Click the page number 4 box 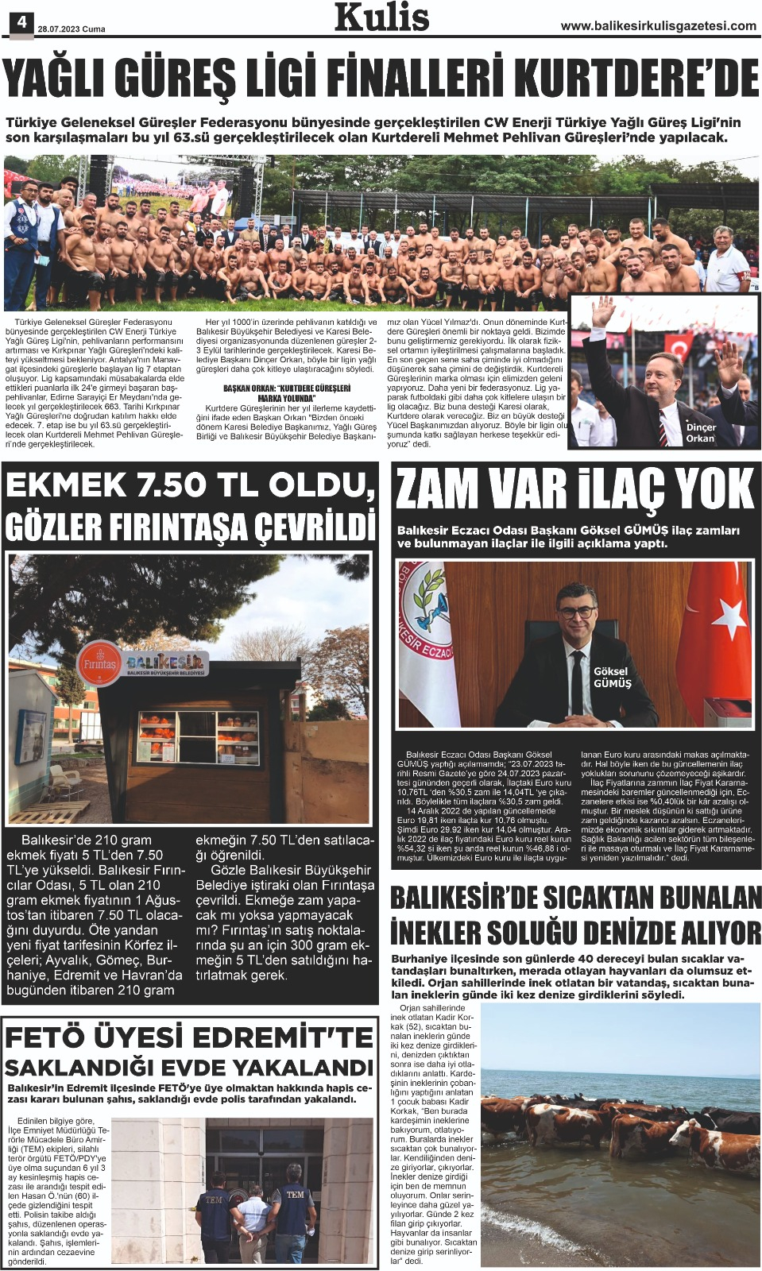[21, 22]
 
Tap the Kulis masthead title [381, 17]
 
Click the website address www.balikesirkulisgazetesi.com [659, 26]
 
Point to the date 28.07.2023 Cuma [72, 29]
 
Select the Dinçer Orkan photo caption [700, 432]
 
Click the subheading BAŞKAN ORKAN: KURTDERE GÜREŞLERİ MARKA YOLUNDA [286, 392]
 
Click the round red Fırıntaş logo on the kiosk [100, 663]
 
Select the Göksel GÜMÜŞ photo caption [612, 677]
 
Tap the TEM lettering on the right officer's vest [295, 1194]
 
